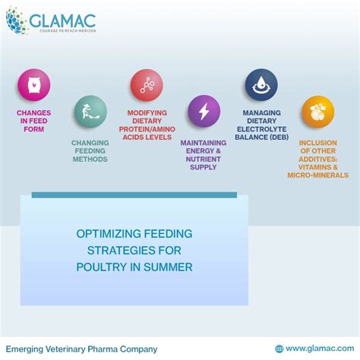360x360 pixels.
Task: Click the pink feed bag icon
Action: coord(33,85)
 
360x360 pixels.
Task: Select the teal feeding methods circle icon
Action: coord(90,112)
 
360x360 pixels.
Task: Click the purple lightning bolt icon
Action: coord(204,111)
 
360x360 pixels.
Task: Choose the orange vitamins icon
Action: coord(317,112)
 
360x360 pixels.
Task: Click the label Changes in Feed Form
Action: coord(33,119)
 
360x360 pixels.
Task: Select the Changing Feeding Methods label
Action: coord(90,150)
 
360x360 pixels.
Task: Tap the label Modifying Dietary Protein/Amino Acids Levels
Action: coord(147,125)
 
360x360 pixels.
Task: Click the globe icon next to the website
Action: coord(279,349)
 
